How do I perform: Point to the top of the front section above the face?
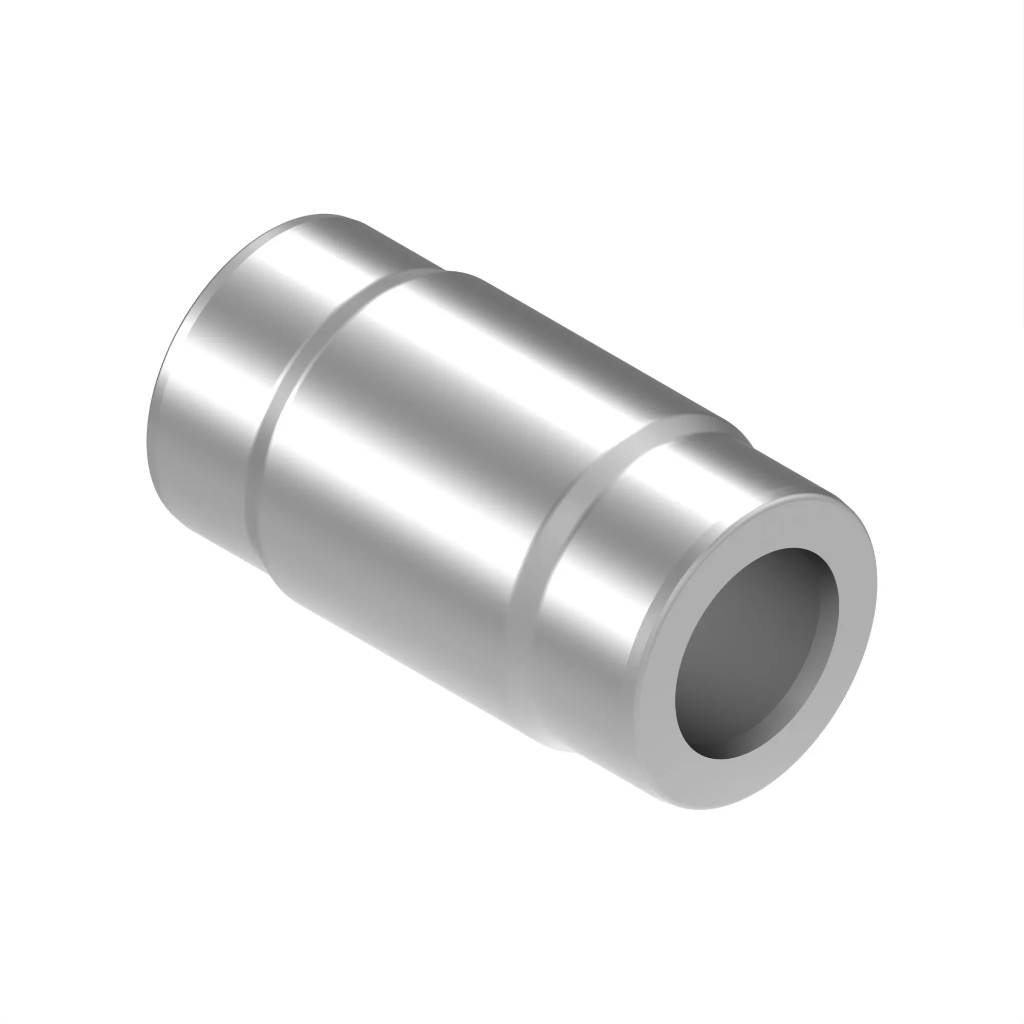784,477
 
